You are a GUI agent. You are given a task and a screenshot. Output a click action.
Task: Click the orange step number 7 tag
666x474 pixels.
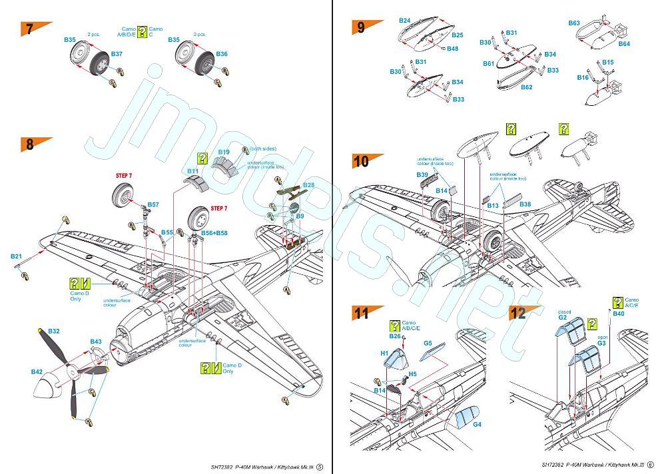pos(29,29)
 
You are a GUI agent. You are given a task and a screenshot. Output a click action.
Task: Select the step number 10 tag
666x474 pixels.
pos(362,160)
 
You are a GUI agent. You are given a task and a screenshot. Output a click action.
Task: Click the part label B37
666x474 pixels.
pos(117,53)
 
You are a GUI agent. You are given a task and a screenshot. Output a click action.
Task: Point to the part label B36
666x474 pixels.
pos(222,54)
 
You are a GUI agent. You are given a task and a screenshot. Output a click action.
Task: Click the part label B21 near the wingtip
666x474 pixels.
pos(16,256)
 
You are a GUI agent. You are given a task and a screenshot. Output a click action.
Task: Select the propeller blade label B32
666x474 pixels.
pos(54,331)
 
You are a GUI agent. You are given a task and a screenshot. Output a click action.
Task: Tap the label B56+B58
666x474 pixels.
pos(213,233)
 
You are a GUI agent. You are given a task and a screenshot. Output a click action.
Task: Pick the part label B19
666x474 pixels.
pos(224,152)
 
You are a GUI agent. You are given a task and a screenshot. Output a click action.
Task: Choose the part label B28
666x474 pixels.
pos(308,184)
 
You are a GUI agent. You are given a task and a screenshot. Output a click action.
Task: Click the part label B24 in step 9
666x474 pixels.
pos(404,21)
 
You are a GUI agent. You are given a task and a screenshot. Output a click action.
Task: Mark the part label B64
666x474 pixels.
pos(624,44)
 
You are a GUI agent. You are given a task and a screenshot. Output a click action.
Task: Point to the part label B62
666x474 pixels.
pos(526,87)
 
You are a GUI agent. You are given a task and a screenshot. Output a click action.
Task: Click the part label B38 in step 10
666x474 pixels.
pos(525,204)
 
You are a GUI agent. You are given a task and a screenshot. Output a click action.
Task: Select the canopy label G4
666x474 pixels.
pos(477,424)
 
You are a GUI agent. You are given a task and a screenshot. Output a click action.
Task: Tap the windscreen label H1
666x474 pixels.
pos(384,353)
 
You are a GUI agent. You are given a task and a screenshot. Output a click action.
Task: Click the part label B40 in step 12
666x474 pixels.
pos(618,313)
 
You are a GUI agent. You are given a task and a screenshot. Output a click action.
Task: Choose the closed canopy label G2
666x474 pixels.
pos(562,318)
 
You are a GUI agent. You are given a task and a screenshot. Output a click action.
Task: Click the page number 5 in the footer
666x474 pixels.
pos(320,466)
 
